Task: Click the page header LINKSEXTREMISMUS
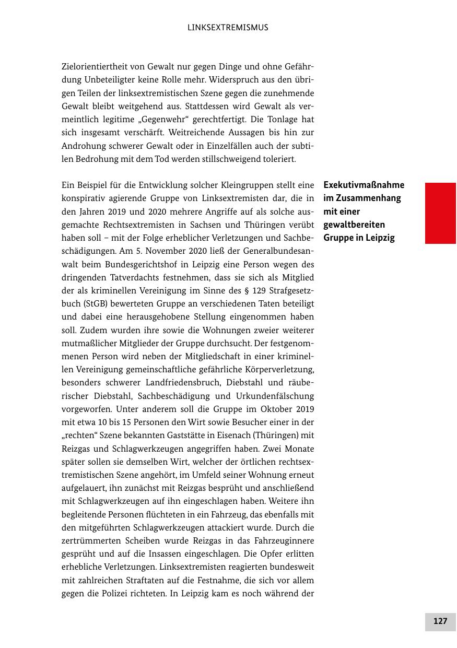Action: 228,28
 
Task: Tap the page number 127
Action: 440,621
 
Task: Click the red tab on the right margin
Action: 440,213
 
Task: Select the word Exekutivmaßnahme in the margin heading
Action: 364,185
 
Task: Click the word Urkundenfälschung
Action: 273,395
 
